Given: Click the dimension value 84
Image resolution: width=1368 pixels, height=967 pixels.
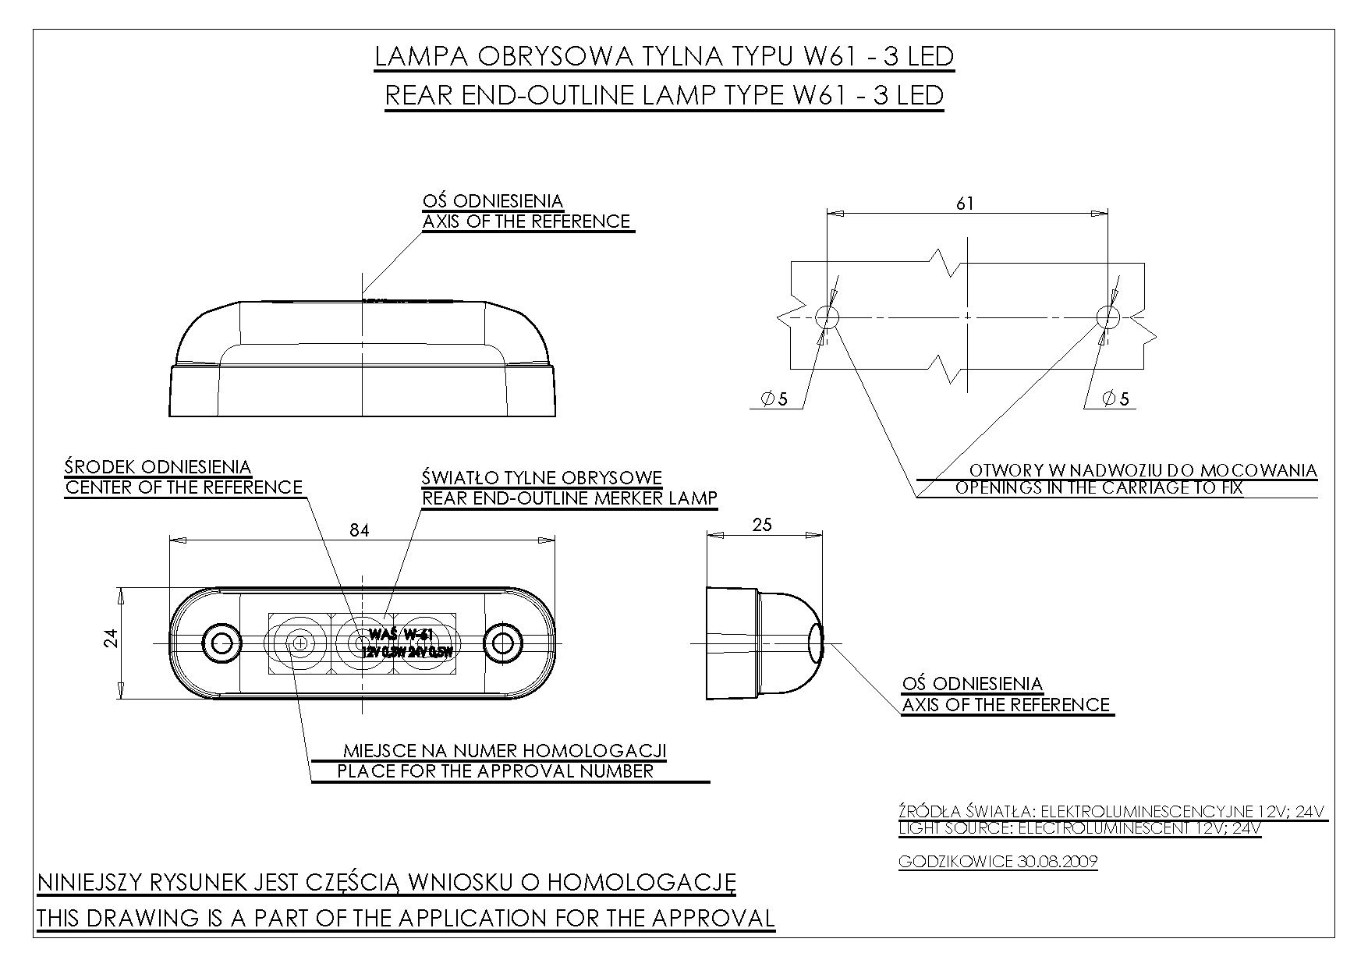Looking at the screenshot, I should click(x=359, y=530).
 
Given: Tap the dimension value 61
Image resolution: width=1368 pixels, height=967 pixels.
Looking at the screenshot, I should click(x=966, y=203).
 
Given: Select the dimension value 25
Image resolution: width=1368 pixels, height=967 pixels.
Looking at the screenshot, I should click(x=762, y=525).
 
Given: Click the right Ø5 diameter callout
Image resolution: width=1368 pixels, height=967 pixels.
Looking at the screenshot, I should click(x=1115, y=399).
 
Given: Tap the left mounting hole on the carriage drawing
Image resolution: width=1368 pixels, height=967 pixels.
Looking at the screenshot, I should click(x=827, y=317).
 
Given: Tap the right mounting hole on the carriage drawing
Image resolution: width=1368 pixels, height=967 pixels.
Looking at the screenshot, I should click(x=1108, y=317).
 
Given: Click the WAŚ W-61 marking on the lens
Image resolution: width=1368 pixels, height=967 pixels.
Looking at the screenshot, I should click(x=402, y=633).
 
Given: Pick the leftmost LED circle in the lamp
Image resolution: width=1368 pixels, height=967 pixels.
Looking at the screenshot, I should click(x=299, y=643).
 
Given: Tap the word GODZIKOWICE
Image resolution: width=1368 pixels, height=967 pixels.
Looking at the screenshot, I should click(x=956, y=862).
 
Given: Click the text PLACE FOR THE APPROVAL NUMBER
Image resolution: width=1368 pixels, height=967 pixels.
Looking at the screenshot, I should click(x=495, y=771).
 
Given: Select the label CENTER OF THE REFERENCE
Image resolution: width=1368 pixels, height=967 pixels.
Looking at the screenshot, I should click(x=183, y=487).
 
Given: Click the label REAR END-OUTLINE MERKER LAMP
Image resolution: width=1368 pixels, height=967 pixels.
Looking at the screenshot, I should click(x=569, y=498).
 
